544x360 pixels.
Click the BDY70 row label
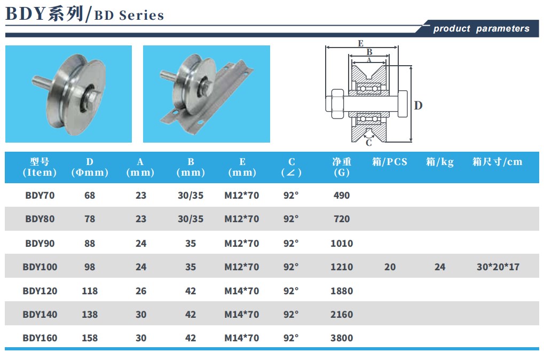(40, 195)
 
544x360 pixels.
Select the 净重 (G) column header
(342, 167)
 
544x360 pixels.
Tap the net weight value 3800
(342, 338)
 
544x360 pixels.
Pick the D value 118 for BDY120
(90, 291)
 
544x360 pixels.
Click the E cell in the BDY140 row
(242, 315)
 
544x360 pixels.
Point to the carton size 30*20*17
(498, 267)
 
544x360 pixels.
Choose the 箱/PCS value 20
(390, 267)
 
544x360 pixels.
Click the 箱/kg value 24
(440, 267)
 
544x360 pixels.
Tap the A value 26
(141, 291)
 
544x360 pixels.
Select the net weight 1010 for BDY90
(342, 244)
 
